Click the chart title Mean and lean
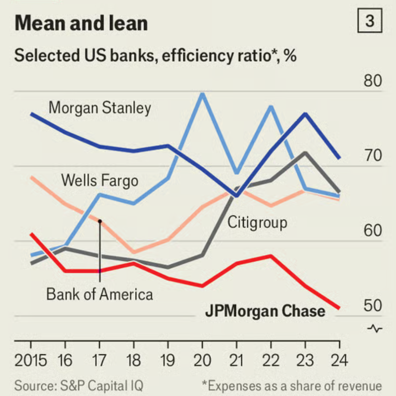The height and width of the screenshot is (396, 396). pos(81,23)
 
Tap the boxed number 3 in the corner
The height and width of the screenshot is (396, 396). pos(370,21)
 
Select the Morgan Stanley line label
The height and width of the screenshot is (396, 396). pos(100,108)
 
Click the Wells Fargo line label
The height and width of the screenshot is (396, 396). pos(100,181)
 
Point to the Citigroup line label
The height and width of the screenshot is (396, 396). pos(257,223)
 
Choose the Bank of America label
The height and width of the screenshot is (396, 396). pos(100,294)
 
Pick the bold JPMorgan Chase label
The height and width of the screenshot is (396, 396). pos(265,311)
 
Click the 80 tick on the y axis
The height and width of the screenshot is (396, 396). pos(372,81)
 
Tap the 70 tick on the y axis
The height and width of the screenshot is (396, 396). pos(372,156)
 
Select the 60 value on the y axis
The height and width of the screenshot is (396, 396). pos(372,231)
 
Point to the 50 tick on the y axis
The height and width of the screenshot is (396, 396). pos(372,306)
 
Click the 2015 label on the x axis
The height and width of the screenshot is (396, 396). pos(31,360)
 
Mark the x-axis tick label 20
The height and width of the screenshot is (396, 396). pos(202,360)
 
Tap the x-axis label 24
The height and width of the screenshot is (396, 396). pos(339,360)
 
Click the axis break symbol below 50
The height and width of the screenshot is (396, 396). pos(375,328)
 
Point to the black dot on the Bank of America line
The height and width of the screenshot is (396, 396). pos(100,221)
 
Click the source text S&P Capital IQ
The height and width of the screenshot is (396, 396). pos(79,386)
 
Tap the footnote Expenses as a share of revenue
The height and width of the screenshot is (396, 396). pos(292,386)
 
